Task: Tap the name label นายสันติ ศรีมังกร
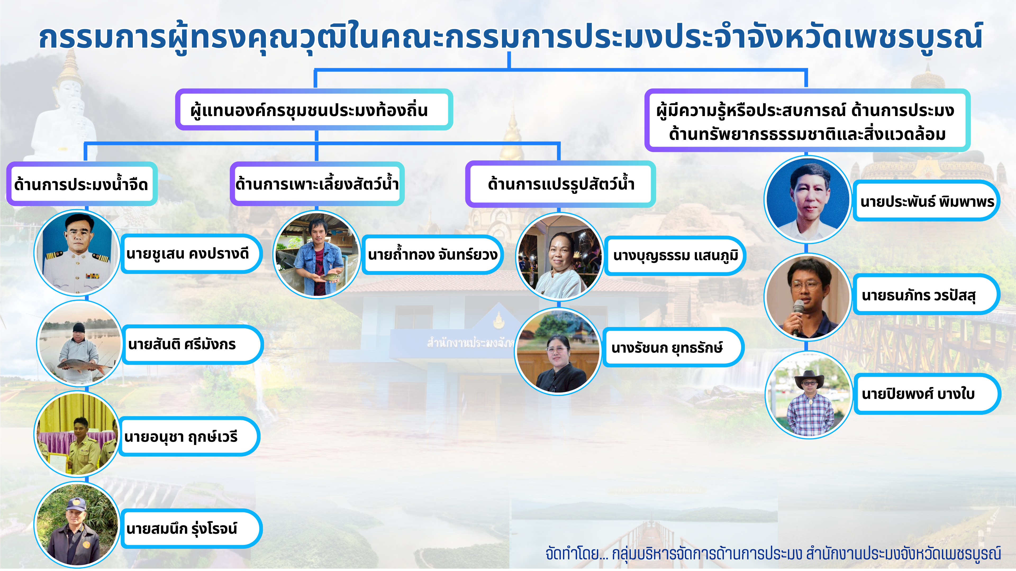pyautogui.click(x=192, y=344)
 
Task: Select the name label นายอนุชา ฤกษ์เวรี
pyautogui.click(x=189, y=436)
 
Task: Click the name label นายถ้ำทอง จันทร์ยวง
pyautogui.click(x=432, y=255)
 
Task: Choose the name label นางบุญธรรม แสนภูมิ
pyautogui.click(x=674, y=256)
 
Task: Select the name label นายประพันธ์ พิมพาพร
pyautogui.click(x=926, y=201)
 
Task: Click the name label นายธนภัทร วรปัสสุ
pyautogui.click(x=926, y=294)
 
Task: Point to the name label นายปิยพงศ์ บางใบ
pyautogui.click(x=927, y=394)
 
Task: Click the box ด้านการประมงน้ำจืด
pyautogui.click(x=82, y=184)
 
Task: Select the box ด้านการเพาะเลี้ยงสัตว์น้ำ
pyautogui.click(x=317, y=184)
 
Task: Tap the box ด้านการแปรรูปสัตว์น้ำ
pyautogui.click(x=560, y=184)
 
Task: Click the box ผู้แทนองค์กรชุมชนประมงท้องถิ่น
pyautogui.click(x=314, y=109)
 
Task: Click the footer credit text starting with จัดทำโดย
pyautogui.click(x=773, y=553)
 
